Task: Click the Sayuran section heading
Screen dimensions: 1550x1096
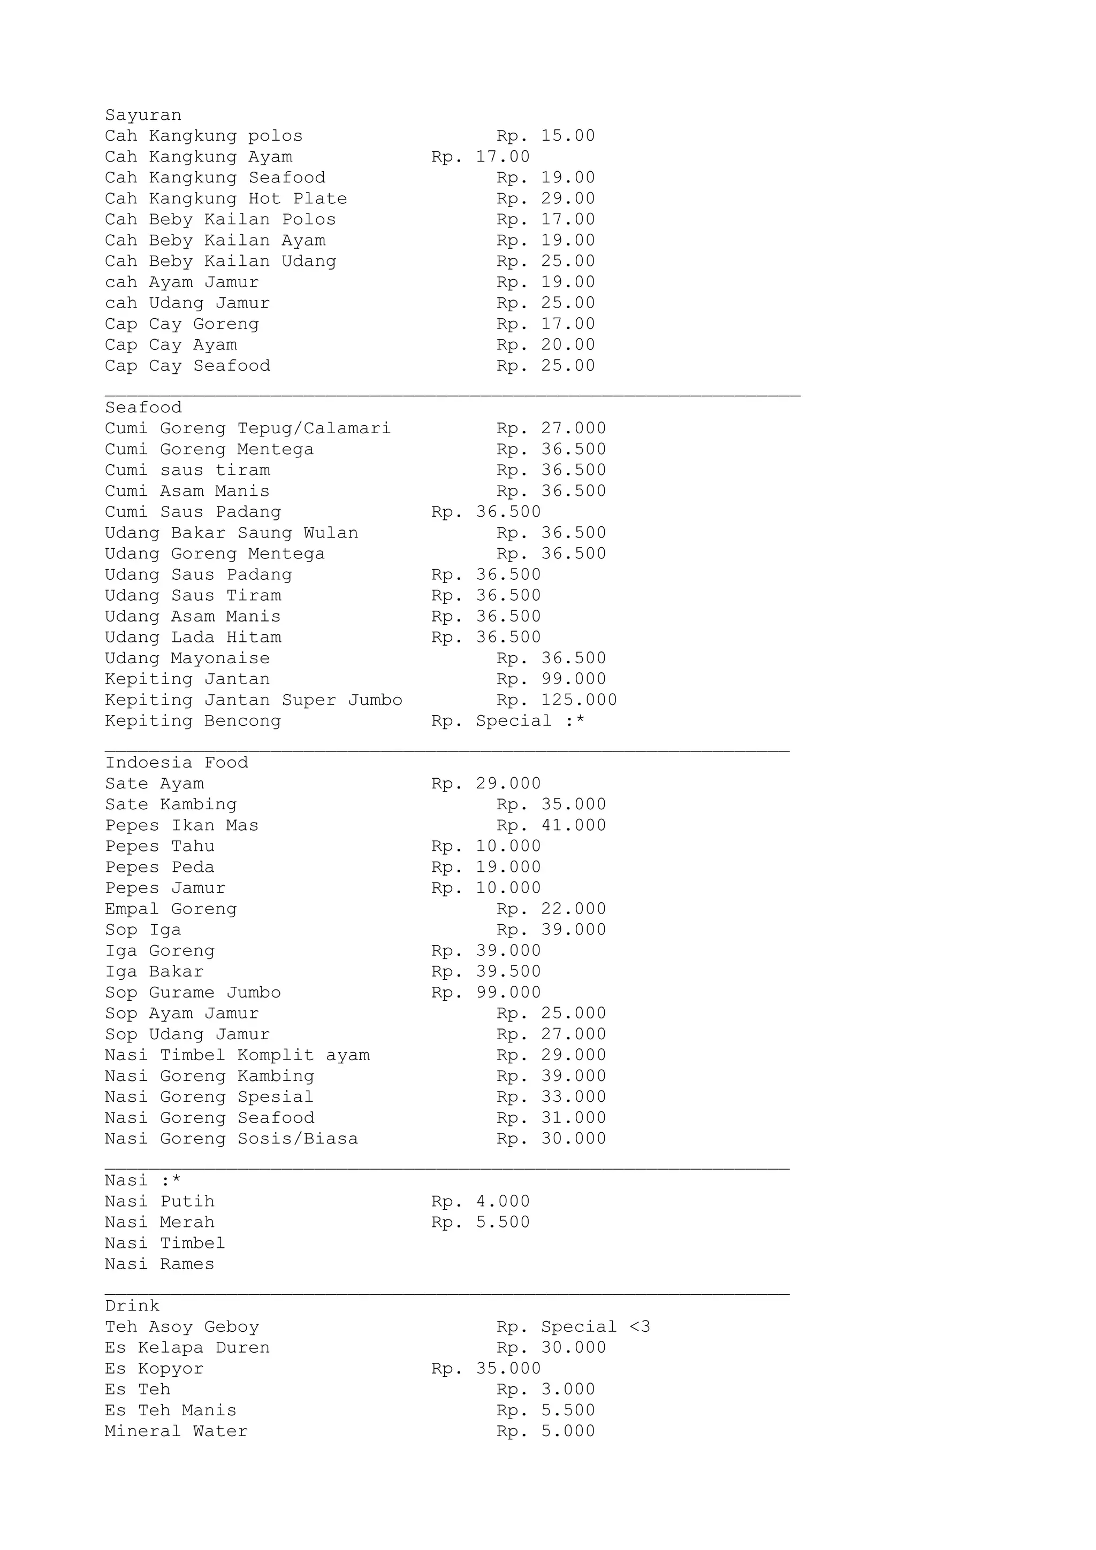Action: (x=143, y=116)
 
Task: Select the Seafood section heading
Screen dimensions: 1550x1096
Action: (x=143, y=408)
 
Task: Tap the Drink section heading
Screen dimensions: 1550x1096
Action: (x=132, y=1306)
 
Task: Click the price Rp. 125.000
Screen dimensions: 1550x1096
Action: (x=557, y=700)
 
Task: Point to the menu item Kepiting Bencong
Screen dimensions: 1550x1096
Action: (x=193, y=721)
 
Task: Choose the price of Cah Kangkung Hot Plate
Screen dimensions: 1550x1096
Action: (x=546, y=199)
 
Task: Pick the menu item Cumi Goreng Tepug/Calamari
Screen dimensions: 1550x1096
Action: (x=248, y=428)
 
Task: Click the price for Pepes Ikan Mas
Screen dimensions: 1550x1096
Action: (x=551, y=826)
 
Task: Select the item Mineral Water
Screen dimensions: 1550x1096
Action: (x=176, y=1431)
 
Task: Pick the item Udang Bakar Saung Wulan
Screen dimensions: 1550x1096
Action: (x=232, y=533)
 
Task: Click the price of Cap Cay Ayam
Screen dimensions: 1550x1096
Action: (x=546, y=345)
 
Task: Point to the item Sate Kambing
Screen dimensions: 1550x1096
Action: (x=171, y=805)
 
